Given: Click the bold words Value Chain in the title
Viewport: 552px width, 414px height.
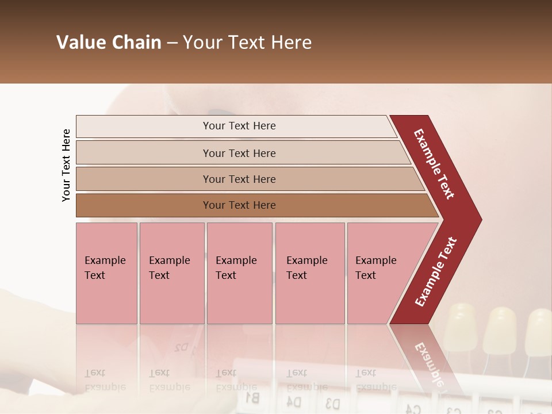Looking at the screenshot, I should [x=109, y=43].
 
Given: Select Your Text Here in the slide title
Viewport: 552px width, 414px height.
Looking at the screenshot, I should [x=247, y=43].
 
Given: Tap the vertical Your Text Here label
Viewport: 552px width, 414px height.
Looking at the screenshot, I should [x=66, y=165].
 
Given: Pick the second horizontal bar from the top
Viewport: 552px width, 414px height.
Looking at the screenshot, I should [x=239, y=153].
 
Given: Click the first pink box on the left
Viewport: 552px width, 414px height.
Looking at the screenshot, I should [x=106, y=273].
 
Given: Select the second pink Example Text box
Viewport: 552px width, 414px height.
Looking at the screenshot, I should [x=171, y=273].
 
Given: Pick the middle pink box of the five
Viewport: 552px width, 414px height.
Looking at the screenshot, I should [x=239, y=273].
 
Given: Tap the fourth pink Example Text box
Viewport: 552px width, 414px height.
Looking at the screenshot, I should [x=309, y=273].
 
